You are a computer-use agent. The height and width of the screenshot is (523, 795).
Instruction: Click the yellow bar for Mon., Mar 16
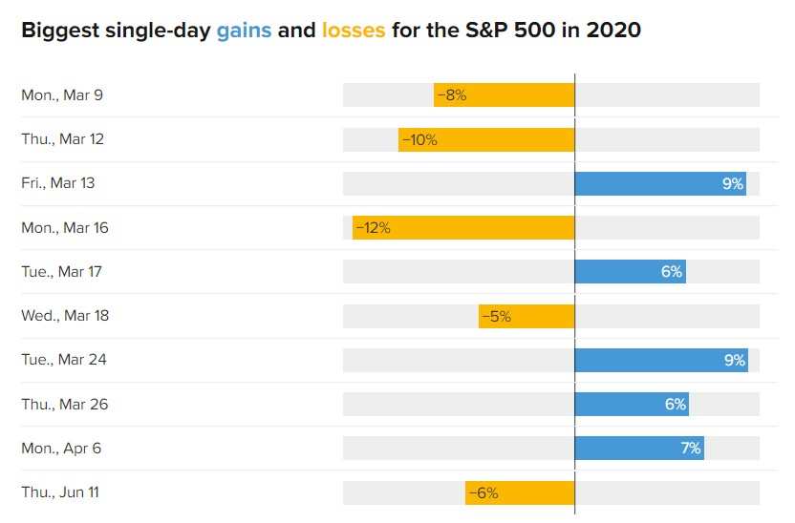click(x=463, y=227)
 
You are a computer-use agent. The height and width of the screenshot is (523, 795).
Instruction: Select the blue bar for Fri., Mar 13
click(x=660, y=183)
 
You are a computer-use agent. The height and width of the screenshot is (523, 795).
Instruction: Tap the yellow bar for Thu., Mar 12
click(x=486, y=139)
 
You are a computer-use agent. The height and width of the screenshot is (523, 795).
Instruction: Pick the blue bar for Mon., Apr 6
click(x=639, y=448)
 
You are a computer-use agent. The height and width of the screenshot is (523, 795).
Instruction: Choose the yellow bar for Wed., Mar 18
click(x=526, y=316)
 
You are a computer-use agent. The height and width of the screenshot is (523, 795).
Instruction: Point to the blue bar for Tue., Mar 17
click(x=631, y=271)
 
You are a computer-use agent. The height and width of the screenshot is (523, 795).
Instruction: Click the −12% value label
click(x=374, y=228)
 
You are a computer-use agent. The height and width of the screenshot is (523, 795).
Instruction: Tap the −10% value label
click(x=419, y=139)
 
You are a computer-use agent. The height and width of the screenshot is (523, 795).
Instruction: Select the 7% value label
click(x=691, y=448)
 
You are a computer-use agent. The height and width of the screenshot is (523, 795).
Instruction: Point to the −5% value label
click(x=496, y=317)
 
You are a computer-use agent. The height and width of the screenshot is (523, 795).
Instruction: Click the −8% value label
click(x=452, y=95)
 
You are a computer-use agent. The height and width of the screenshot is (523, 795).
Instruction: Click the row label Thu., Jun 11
click(x=60, y=492)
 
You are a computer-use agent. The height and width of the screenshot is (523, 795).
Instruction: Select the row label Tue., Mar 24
click(x=64, y=360)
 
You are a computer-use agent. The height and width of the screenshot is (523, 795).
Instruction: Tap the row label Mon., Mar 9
click(x=62, y=95)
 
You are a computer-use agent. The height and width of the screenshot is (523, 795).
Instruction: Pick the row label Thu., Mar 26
click(x=65, y=404)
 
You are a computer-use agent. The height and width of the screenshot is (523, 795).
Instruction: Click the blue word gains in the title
click(x=245, y=31)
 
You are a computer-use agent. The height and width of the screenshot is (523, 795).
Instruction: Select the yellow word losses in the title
click(x=354, y=31)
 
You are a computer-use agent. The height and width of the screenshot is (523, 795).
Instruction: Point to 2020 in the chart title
click(x=613, y=31)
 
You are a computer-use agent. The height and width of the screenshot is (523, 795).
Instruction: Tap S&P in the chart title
click(x=486, y=31)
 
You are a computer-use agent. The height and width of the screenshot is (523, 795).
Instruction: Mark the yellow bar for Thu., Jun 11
click(x=520, y=492)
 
